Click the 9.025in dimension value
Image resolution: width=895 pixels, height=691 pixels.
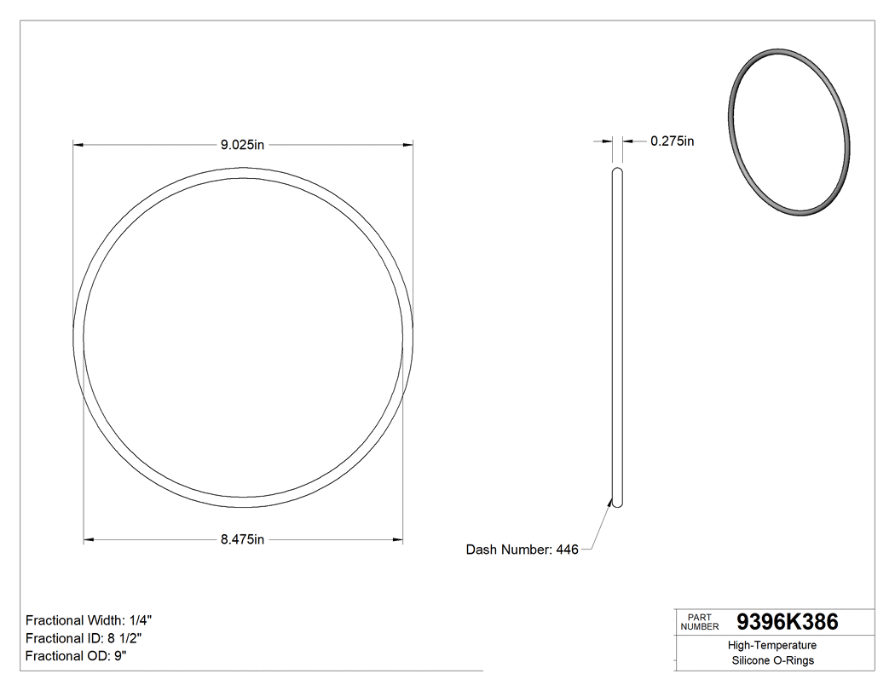[x=243, y=145]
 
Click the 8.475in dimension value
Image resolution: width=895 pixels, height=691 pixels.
[x=243, y=539]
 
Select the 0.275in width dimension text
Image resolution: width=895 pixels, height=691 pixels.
[x=672, y=141]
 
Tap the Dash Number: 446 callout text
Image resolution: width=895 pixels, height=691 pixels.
[x=522, y=550]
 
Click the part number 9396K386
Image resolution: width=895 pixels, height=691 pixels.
[x=787, y=622]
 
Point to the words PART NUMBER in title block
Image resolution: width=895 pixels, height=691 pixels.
[x=700, y=622]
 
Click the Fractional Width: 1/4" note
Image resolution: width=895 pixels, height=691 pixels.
[x=89, y=620]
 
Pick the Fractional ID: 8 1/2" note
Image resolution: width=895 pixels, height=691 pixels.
[x=89, y=638]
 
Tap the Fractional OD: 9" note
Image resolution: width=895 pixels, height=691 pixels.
[x=76, y=656]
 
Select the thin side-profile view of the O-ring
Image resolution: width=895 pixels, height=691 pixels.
[x=617, y=341]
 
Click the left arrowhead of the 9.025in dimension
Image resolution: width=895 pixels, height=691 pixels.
[x=78, y=145]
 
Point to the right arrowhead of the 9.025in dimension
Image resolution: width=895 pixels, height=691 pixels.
[x=408, y=145]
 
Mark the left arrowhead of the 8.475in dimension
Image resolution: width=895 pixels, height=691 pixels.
[x=89, y=539]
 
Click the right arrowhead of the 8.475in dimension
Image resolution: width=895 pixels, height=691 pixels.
[x=398, y=539]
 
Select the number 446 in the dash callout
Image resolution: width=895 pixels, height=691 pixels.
[x=567, y=550]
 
